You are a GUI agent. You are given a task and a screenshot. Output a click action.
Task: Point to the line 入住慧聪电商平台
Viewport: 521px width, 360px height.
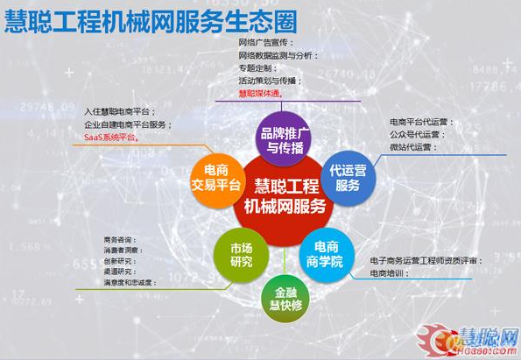(x=120, y=112)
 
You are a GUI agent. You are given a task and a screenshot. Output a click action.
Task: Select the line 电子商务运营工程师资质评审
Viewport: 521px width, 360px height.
(x=425, y=261)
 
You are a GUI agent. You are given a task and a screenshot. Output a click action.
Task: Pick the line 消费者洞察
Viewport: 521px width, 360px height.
(x=123, y=251)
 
